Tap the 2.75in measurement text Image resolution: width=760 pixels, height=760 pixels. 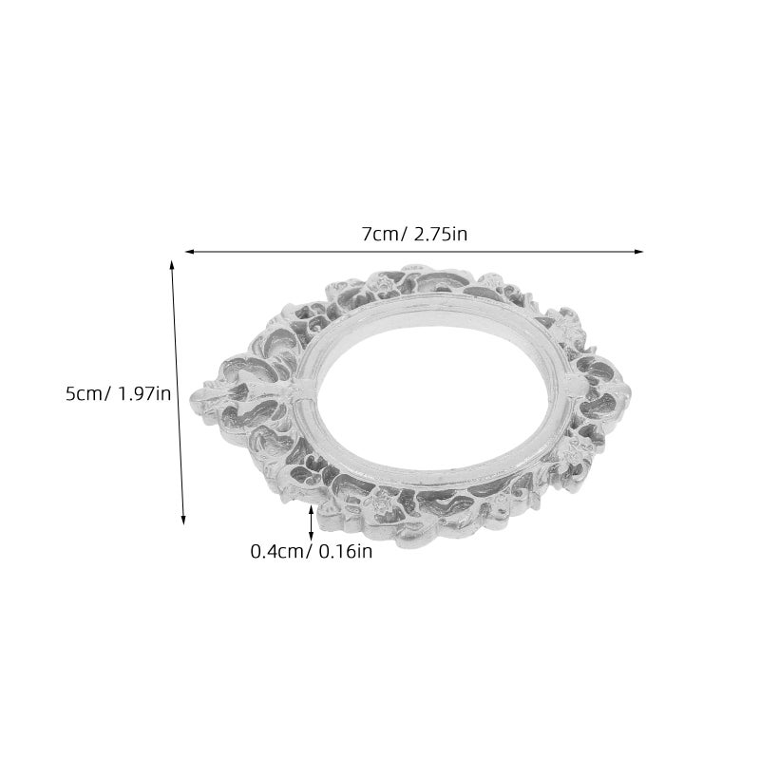[441, 235]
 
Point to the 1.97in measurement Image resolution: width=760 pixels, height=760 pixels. [144, 393]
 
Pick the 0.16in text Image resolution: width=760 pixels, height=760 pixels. [345, 552]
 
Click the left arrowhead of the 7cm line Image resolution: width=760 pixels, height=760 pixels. [189, 252]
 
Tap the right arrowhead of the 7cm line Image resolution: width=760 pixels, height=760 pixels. [638, 252]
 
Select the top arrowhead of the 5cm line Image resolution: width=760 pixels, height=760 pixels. [171, 264]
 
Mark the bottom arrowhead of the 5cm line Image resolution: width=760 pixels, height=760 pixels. [183, 520]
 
